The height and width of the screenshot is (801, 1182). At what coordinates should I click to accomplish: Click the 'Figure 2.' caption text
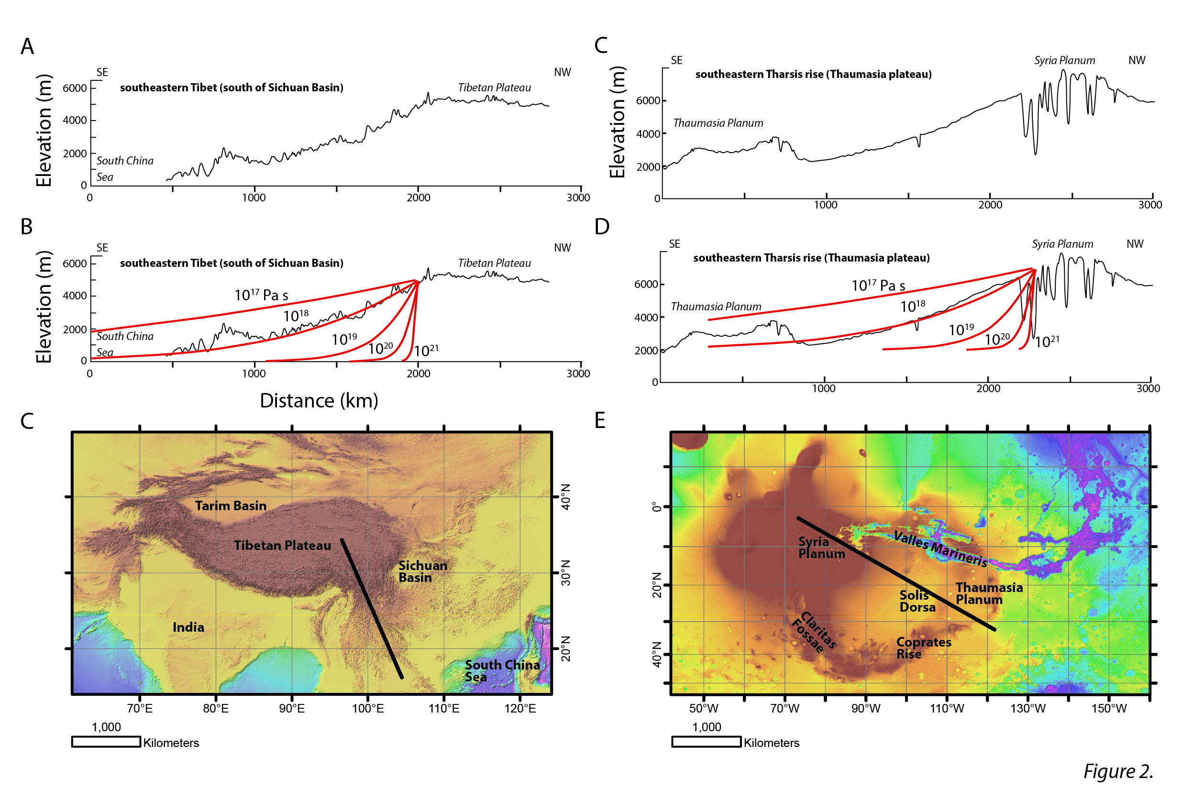pos(1118,771)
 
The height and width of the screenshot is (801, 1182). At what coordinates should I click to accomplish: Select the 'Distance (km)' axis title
pos(319,401)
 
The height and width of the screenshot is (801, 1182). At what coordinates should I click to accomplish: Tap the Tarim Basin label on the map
pos(231,505)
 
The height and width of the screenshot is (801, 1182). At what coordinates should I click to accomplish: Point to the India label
pos(188,627)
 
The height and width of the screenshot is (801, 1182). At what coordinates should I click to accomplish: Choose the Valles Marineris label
pos(940,549)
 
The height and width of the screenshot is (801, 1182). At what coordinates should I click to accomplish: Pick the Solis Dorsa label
pos(917,601)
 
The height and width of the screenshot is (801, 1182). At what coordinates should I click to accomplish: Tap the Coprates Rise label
pos(923,648)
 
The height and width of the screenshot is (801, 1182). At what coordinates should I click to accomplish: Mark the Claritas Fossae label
pos(814,632)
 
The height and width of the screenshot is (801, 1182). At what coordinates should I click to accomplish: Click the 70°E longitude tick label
pos(140,708)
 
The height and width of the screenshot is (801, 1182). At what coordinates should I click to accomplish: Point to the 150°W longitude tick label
pos(1109,708)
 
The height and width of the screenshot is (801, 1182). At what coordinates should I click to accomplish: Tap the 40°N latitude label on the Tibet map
pos(565,497)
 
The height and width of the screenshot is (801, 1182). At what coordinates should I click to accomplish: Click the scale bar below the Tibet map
pos(106,742)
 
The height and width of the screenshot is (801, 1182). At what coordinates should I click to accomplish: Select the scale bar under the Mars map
pos(706,742)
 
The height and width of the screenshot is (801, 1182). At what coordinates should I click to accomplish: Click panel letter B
pos(26,227)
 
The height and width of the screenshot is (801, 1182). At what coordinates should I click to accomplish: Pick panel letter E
pos(600,421)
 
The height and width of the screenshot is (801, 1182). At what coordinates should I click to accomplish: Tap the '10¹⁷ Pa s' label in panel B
pos(261,295)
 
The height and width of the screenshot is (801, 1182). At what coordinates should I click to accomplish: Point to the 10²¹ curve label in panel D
pos(1047,341)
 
